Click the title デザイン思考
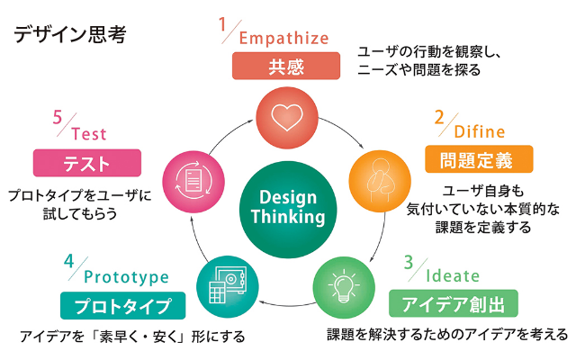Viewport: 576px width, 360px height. (x=68, y=35)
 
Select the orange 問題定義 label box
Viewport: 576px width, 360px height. (x=477, y=160)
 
